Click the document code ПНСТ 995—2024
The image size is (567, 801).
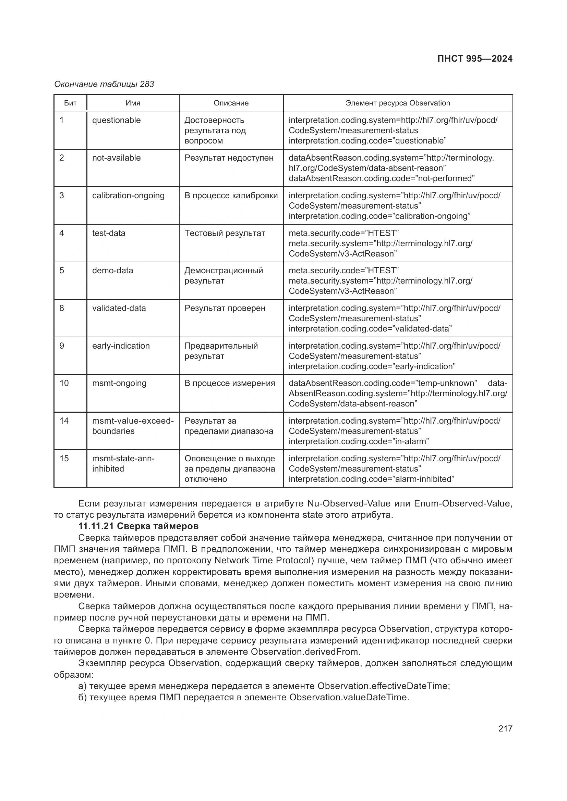[x=474, y=59]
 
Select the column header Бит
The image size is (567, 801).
[x=70, y=103]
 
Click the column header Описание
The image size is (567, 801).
[x=231, y=103]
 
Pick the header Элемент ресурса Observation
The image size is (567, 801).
[x=398, y=103]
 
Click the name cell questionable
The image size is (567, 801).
[x=116, y=120]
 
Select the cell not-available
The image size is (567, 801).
[x=116, y=158]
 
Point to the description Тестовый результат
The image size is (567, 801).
[x=225, y=233]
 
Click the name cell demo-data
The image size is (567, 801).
[x=112, y=271]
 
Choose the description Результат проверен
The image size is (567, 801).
[x=225, y=308]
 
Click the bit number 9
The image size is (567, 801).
[x=62, y=346]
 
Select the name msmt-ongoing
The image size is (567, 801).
[x=119, y=383]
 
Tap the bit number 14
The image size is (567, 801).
[x=64, y=421]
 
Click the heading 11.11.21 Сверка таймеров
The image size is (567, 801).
[x=138, y=526]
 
